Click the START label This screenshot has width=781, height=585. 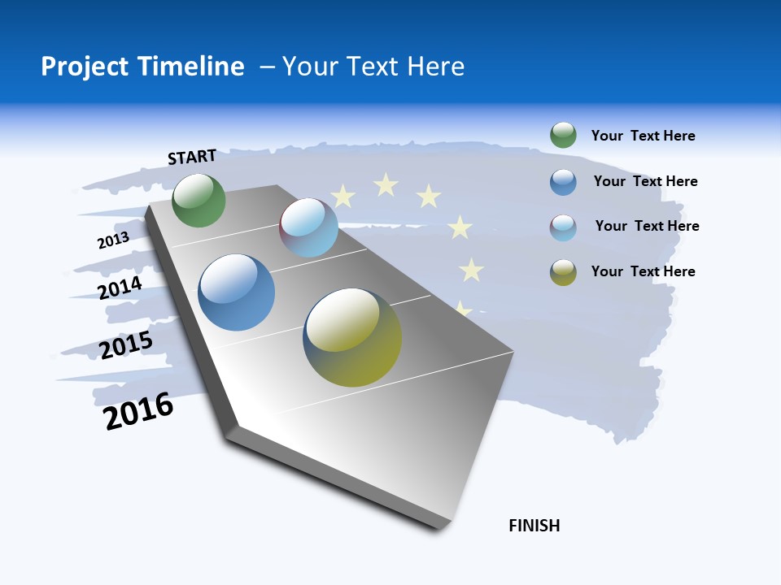click(192, 157)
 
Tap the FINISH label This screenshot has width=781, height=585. click(534, 526)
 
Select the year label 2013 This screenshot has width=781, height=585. click(113, 240)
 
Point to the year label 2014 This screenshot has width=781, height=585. click(120, 288)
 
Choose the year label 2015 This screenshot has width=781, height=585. click(126, 345)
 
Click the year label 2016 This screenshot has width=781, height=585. click(138, 411)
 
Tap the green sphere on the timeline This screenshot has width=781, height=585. click(199, 200)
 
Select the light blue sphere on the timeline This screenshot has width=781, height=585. click(308, 227)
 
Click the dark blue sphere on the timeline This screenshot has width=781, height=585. click(236, 292)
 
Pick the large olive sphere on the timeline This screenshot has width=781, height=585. click(352, 337)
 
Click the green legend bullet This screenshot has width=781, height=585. click(563, 135)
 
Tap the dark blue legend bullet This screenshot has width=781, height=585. click(563, 182)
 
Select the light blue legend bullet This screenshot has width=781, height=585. click(563, 227)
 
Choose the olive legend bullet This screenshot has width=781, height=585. click(563, 272)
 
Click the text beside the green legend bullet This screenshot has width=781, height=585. click(643, 136)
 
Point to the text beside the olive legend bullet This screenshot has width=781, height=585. click(643, 271)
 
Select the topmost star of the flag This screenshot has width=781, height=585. click(386, 185)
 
